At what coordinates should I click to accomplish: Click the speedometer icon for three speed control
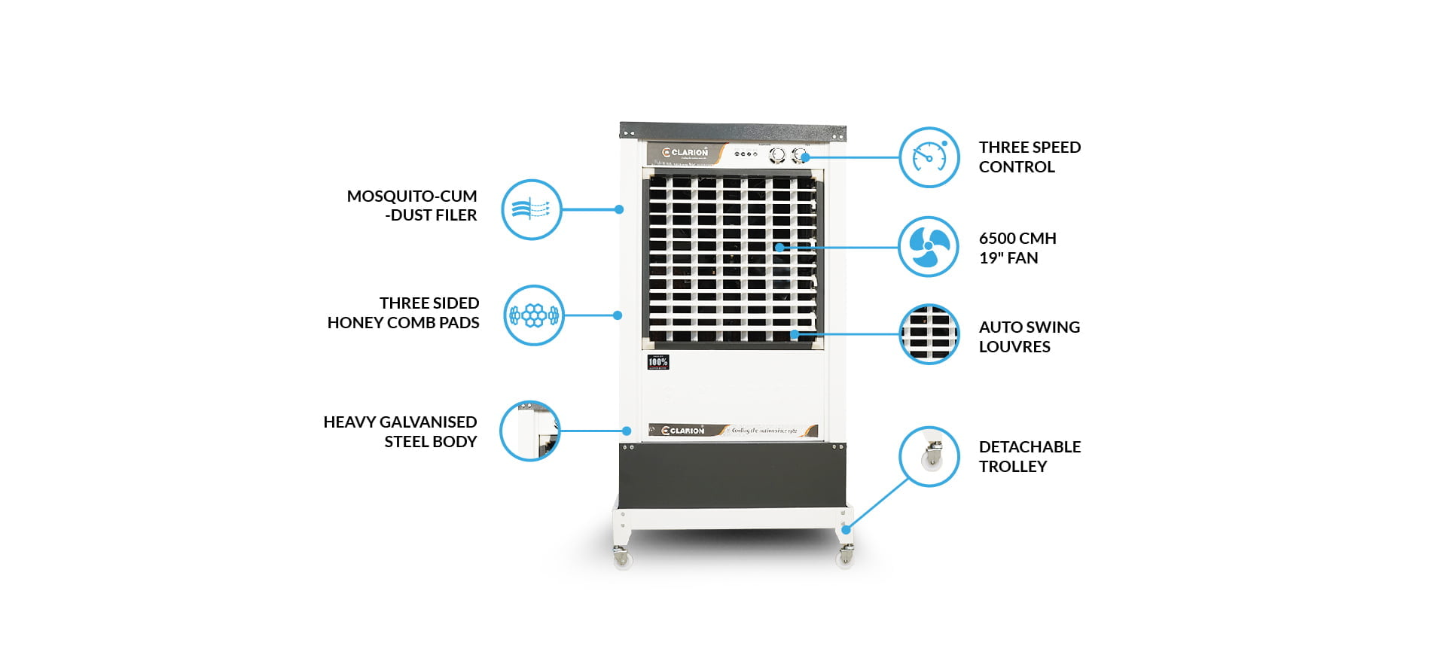coord(929,157)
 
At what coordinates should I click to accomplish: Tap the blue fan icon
coord(929,247)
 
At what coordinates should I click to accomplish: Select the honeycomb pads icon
coord(533,315)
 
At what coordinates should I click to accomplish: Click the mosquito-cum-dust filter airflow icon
coord(532,209)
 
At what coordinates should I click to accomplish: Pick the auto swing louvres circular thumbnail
coord(929,334)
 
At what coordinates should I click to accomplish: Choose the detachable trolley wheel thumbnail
coord(929,456)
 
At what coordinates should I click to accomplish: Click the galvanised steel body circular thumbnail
coord(530,431)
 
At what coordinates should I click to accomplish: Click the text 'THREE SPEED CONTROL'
coord(1029,157)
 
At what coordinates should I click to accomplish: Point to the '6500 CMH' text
coord(1017,239)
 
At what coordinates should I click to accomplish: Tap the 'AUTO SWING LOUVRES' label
coord(1029,337)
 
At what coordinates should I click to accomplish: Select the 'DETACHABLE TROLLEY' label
coord(1029,456)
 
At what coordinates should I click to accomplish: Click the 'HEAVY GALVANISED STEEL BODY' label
coord(401,431)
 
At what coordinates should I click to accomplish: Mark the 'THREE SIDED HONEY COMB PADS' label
coord(404,312)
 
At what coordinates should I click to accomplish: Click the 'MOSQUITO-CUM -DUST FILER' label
coord(412,206)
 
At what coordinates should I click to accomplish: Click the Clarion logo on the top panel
coord(685,153)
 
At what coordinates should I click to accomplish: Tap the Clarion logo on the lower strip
coord(683,431)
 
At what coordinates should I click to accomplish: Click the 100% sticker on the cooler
coord(657,362)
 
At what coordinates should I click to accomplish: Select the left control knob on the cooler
coord(777,155)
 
